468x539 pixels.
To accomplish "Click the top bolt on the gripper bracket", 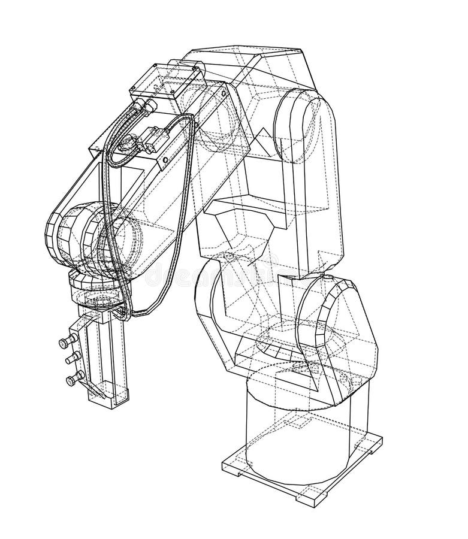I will pos(63,343).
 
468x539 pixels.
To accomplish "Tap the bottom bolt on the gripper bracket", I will pos(73,378).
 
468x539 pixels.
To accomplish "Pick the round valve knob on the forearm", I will pos(128,144).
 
